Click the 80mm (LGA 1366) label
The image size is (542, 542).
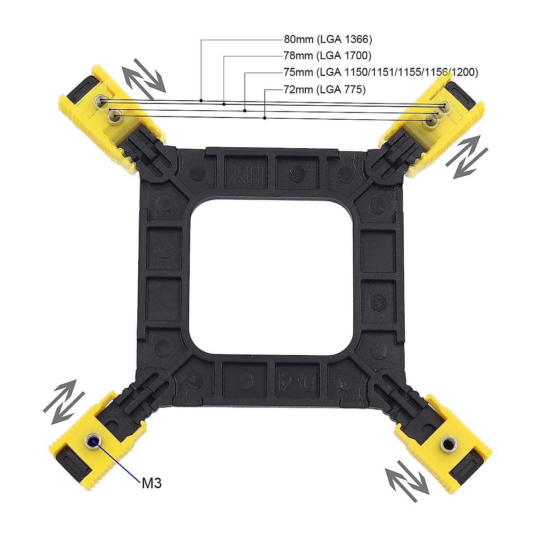point(328,39)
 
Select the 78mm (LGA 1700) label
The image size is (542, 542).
point(327,56)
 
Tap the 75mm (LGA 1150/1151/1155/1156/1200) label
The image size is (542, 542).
point(380,72)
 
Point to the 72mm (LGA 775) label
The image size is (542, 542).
point(324,89)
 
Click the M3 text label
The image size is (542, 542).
point(151,483)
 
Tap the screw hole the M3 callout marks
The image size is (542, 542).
point(94,441)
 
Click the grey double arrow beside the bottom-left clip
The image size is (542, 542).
point(64,402)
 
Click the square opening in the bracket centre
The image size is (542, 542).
point(271,280)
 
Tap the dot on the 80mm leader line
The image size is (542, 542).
point(201,100)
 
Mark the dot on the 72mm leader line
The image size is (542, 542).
point(265,118)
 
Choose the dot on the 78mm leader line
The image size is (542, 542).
point(224,104)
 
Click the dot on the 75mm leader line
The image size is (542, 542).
point(245,110)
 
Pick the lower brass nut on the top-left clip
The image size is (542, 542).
point(115,117)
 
